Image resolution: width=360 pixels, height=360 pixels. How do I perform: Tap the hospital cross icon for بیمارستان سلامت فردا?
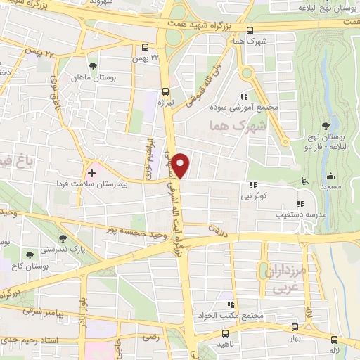pos(91,172)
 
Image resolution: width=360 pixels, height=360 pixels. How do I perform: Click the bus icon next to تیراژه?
pos(165,91)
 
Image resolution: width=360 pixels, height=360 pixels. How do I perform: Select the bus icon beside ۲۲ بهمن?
pos(144,48)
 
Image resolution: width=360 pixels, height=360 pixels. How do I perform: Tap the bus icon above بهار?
pos(294,326)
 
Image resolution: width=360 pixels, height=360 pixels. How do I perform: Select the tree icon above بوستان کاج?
pos(30,255)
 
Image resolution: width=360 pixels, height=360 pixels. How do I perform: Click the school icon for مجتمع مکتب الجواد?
pos(230,304)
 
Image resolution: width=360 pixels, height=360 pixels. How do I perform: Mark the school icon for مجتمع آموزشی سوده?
pos(244,96)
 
